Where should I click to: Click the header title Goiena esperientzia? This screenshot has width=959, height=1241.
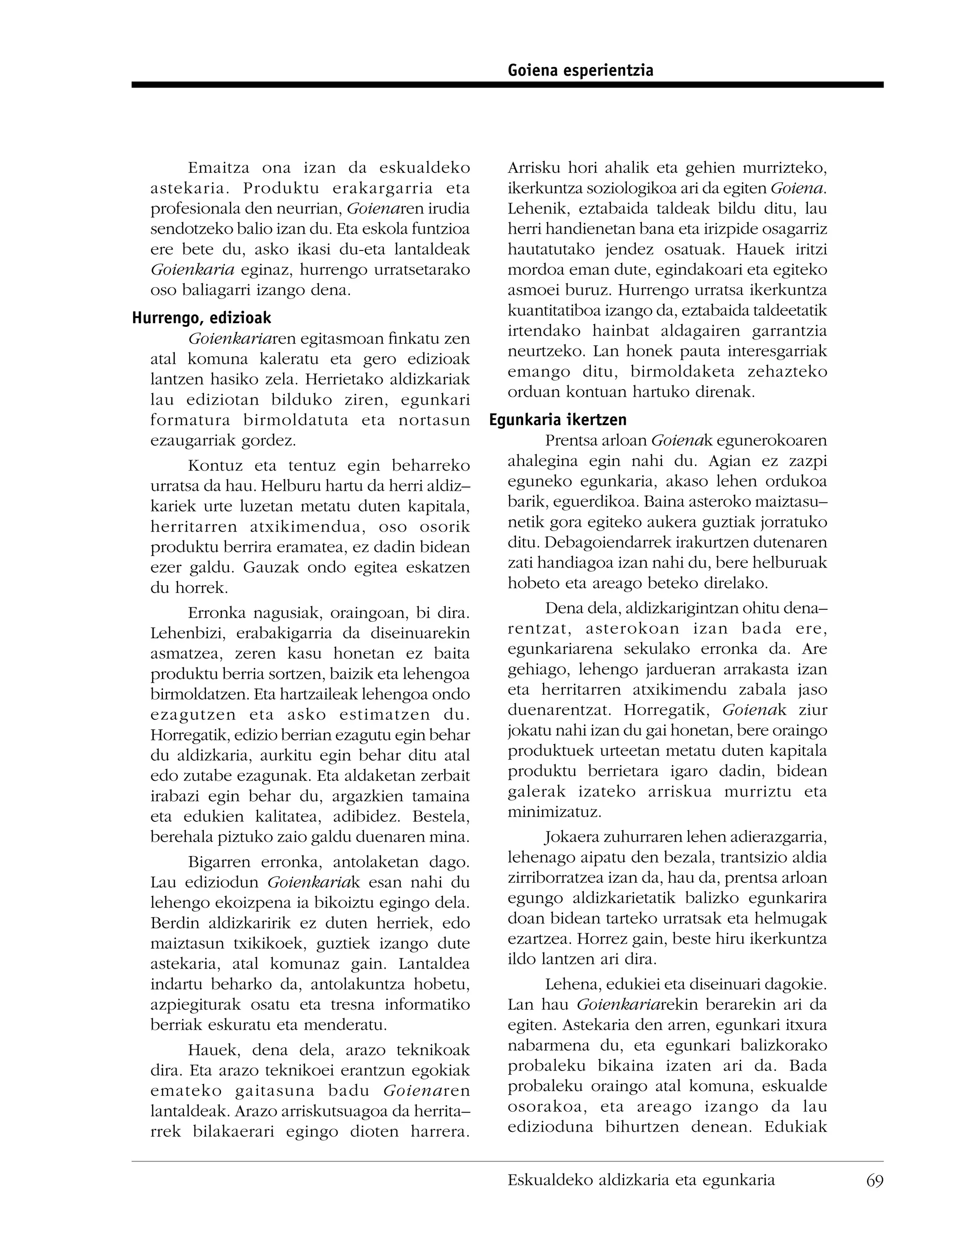(x=580, y=70)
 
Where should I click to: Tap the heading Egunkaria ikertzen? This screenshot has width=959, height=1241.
(x=557, y=420)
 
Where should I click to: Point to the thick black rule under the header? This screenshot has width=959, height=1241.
(x=507, y=85)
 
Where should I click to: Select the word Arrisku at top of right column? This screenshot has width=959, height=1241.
(x=533, y=168)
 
